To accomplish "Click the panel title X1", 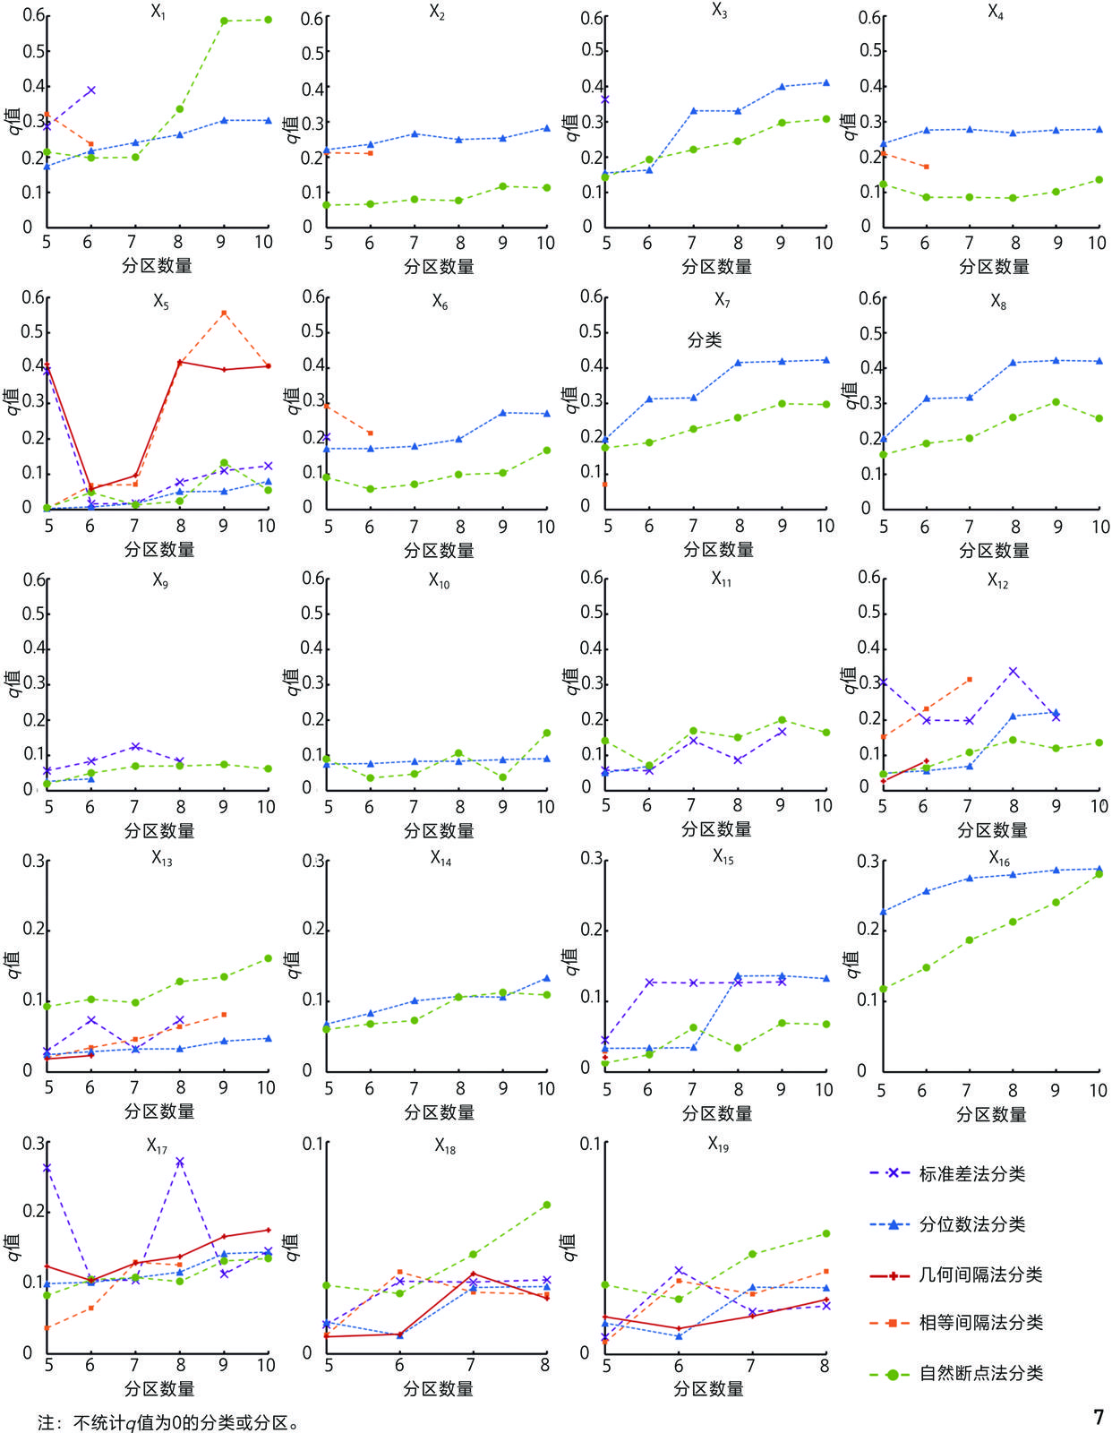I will tap(158, 13).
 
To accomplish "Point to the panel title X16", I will tap(999, 859).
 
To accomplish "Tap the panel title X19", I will tap(718, 1144).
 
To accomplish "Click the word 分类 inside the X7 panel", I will tap(704, 339).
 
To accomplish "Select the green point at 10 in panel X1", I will tap(268, 20).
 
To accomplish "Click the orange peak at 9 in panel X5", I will tap(224, 313).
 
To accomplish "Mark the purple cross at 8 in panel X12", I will tap(1014, 671).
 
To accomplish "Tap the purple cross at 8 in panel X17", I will tap(180, 1162).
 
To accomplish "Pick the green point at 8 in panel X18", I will tap(546, 1206).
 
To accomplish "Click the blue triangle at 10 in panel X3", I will tap(825, 82).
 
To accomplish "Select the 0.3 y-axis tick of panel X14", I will tap(312, 862).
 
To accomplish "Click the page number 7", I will tap(1099, 1418).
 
